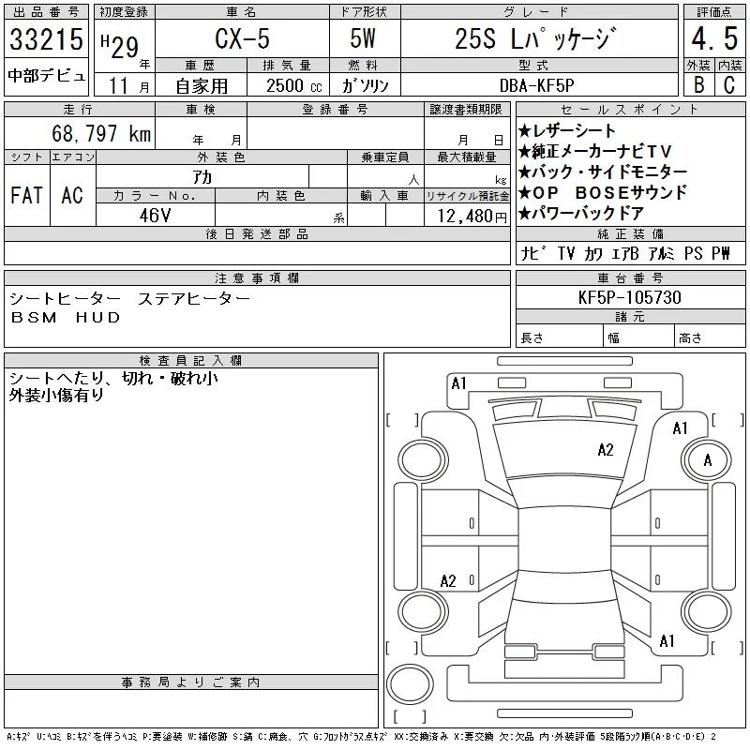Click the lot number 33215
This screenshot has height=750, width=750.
tap(46, 38)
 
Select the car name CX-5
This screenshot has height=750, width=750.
tap(242, 38)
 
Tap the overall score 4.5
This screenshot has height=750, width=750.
tap(714, 38)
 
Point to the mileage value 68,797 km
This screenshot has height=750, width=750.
tap(101, 133)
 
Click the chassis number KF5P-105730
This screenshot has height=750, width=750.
tap(629, 297)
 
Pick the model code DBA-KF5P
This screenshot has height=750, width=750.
tap(536, 85)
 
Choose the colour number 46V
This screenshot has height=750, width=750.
tap(155, 216)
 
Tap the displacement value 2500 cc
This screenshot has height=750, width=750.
tap(293, 86)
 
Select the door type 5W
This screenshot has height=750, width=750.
tap(363, 38)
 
